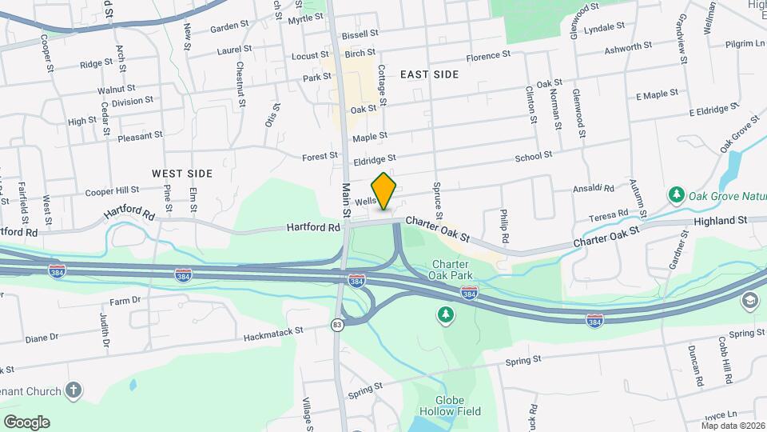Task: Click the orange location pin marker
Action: coord(384,190)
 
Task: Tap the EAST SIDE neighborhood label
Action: coord(429,74)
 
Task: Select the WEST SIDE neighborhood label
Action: coord(182,173)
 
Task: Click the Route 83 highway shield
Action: coord(338,324)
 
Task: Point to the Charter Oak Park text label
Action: coord(455,270)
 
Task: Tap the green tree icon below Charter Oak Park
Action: coord(444,315)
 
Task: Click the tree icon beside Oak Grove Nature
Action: coord(676,194)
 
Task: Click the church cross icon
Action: coord(74,390)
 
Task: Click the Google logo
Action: coord(26,422)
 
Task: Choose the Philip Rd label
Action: coord(504,226)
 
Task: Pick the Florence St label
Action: coord(487,56)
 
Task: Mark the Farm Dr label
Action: coord(125,301)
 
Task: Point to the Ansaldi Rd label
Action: coord(593,189)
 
